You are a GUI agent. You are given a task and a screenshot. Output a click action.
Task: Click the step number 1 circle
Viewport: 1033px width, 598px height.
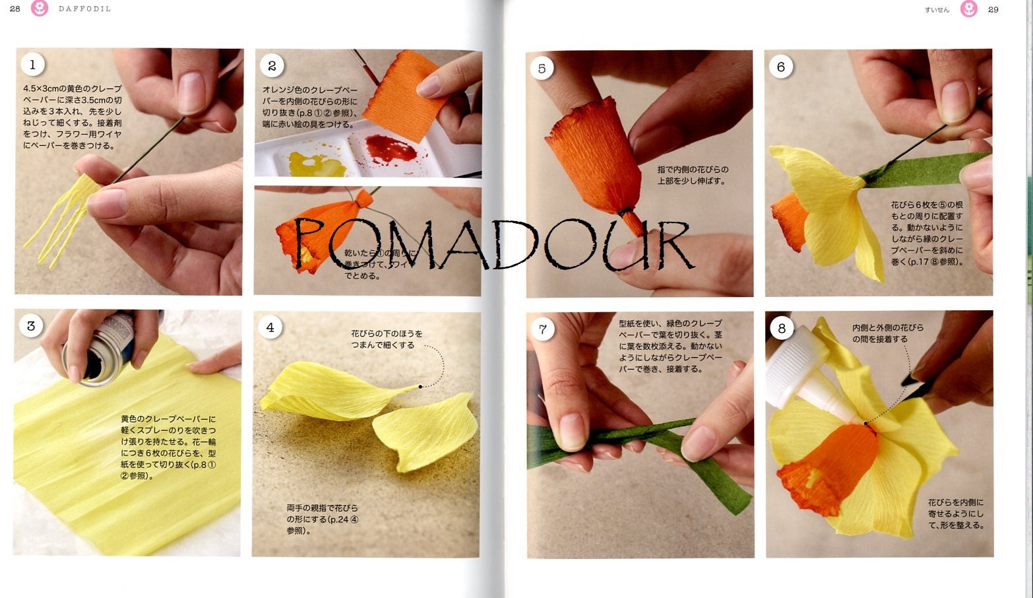click(32, 64)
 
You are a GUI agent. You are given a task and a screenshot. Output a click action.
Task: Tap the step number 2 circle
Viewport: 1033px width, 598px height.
click(272, 65)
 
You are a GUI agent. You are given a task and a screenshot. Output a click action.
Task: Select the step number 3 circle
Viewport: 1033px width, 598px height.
click(30, 325)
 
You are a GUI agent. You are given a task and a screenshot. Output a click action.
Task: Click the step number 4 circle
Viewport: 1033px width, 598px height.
click(270, 327)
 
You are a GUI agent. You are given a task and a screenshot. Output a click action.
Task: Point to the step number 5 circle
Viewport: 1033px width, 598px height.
click(542, 68)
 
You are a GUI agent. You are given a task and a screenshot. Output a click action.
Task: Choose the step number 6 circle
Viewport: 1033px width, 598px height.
click(781, 67)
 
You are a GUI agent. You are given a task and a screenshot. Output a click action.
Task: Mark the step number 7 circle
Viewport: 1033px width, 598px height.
click(542, 329)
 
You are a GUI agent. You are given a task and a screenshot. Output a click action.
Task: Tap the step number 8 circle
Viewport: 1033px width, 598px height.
click(782, 328)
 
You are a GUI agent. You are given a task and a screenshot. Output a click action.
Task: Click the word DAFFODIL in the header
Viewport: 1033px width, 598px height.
click(84, 9)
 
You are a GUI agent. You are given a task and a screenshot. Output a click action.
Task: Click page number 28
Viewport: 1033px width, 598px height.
click(15, 9)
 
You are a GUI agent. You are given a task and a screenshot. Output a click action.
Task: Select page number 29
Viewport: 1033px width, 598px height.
click(993, 9)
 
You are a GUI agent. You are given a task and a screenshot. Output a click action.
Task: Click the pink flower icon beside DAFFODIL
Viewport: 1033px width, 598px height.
click(40, 9)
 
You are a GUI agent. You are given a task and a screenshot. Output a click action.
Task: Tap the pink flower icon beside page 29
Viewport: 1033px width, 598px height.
click(968, 9)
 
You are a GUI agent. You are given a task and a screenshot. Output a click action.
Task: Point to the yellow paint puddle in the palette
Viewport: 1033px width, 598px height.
click(317, 162)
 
